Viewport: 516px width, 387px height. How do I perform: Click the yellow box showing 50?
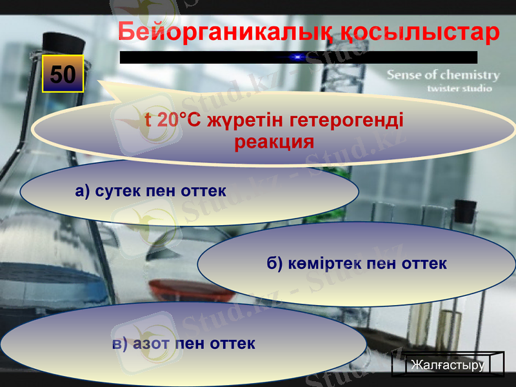tap(63, 74)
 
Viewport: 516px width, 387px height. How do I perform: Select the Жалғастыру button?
tap(448, 365)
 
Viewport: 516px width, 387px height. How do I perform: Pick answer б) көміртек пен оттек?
tap(357, 264)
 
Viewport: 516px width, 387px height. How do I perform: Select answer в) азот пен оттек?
tap(184, 343)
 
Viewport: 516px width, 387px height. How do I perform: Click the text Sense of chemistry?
tap(443, 75)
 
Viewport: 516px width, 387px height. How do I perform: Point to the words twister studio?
tap(459, 88)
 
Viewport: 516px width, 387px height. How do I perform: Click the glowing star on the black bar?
tap(297, 57)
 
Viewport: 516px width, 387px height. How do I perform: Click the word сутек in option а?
tap(119, 192)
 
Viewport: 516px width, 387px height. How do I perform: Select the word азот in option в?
tap(151, 343)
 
